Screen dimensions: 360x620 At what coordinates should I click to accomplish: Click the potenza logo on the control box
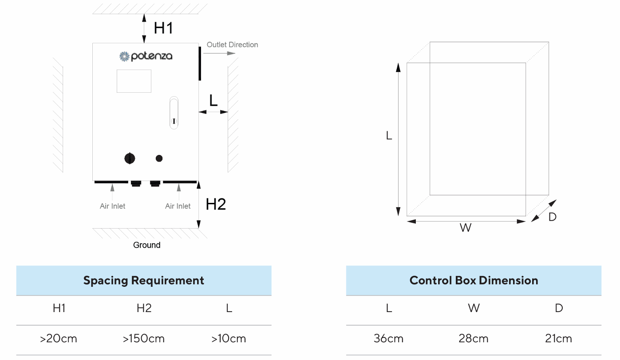pos(146,56)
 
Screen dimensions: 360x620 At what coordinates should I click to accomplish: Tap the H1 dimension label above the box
pos(163,28)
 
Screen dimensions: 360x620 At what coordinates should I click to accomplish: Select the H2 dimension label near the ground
pos(216,204)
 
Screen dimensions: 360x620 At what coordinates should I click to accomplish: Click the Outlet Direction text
pos(232,45)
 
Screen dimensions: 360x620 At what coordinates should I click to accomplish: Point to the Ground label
pos(146,245)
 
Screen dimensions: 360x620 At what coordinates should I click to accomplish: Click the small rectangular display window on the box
pos(134,81)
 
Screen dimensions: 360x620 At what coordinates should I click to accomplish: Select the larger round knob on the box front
pos(130,158)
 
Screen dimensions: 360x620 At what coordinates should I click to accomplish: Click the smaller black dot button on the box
pos(159,158)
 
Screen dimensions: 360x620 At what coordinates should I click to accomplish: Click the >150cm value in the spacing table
pos(144,339)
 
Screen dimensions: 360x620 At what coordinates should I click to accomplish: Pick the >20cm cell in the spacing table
pos(59,339)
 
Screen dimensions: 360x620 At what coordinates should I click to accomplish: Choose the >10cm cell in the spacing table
pos(229,339)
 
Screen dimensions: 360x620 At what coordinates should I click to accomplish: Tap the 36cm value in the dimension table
pos(389,339)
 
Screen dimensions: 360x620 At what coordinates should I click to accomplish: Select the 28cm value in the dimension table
pos(474,339)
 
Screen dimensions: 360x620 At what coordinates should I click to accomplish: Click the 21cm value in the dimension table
pos(558,339)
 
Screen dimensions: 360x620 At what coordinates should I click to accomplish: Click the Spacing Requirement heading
pos(144,281)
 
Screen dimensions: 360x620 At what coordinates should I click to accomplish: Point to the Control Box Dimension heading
pos(474,281)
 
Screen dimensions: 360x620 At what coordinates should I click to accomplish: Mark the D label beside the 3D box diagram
pos(552,217)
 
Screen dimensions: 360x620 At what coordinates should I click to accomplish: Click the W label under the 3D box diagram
pos(466,228)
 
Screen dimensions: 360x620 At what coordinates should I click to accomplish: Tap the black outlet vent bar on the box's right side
pos(200,63)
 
